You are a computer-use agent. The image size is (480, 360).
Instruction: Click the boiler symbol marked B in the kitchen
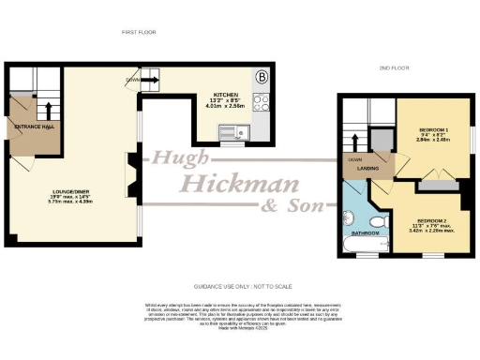[x=262, y=76]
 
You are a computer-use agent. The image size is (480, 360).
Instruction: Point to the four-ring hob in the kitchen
[x=261, y=103]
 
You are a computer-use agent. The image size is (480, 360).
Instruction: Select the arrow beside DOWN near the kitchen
[x=151, y=81]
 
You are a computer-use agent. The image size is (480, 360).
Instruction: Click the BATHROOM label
[x=365, y=232]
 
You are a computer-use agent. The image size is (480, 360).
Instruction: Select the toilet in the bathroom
[x=375, y=221]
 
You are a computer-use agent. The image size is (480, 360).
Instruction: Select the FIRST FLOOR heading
[x=137, y=32]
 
